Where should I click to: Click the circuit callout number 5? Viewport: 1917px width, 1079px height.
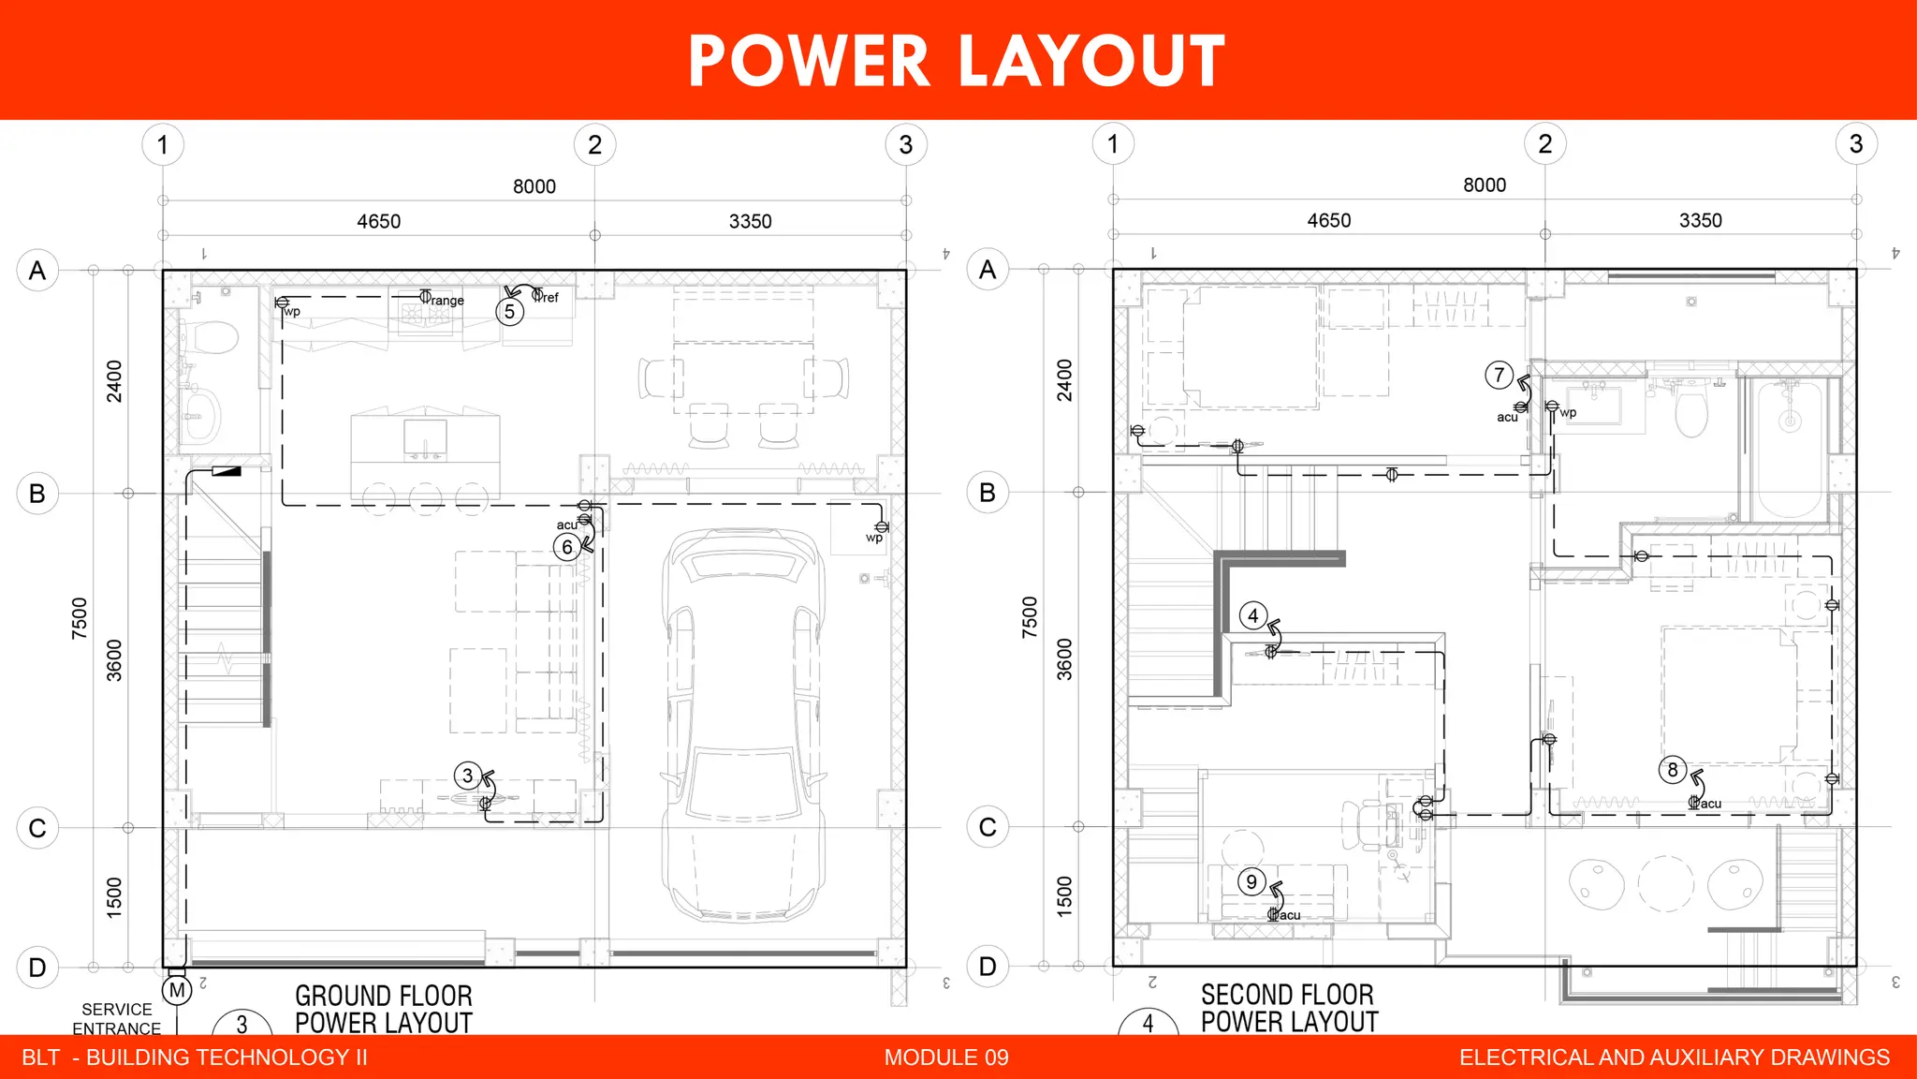(509, 312)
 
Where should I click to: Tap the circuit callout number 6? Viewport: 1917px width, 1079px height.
(566, 547)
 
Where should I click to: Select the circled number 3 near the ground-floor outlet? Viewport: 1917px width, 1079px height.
(467, 776)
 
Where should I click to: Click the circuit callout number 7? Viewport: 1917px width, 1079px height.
(1499, 376)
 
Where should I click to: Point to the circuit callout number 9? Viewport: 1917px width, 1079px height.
(1251, 881)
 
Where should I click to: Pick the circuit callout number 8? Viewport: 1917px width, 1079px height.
(1673, 770)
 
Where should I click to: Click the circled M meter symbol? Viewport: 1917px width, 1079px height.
(177, 990)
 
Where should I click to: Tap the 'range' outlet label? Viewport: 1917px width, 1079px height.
(446, 301)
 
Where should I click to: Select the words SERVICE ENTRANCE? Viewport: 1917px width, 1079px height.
(117, 1019)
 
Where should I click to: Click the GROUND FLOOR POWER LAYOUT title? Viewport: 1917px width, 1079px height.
(383, 1009)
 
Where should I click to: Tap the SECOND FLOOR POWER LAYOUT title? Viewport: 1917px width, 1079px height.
(1289, 1008)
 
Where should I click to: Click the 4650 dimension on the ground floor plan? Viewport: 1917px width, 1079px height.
(378, 222)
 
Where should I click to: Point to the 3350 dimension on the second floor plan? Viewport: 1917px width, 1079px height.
(1700, 221)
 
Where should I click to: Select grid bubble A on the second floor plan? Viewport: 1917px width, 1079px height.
(988, 270)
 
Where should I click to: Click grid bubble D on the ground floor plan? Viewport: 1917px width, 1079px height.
(37, 968)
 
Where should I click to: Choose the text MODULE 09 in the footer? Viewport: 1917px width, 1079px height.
(946, 1057)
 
